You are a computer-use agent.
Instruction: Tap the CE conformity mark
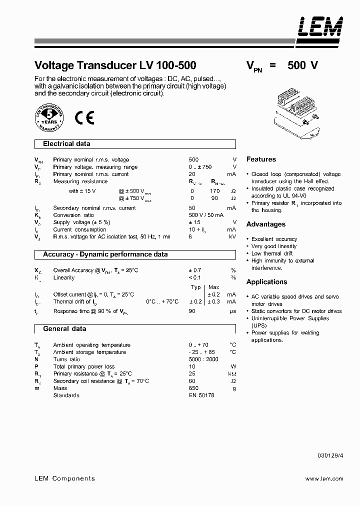click(84, 118)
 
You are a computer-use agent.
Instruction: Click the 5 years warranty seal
click(48, 118)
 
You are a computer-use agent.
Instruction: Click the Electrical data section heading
click(66, 144)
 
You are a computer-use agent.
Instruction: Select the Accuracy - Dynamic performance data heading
click(105, 254)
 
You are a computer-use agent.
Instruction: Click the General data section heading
click(64, 329)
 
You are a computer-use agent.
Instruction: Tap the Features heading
click(261, 159)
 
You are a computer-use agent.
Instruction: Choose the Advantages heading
click(266, 224)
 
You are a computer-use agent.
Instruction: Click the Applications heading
click(267, 282)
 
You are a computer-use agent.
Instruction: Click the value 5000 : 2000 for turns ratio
click(203, 359)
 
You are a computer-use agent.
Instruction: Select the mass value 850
click(193, 388)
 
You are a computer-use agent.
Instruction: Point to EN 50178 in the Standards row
click(201, 395)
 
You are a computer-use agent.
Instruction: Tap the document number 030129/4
click(330, 455)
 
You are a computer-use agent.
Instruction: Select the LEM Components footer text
click(64, 478)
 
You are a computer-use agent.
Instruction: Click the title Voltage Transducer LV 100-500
click(115, 65)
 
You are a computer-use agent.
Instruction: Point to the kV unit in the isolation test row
click(232, 236)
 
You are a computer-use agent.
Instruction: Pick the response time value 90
click(192, 311)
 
